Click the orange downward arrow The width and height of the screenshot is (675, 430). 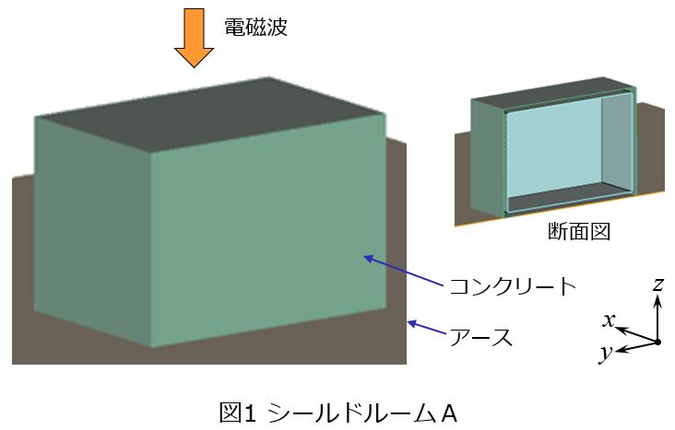[194, 38]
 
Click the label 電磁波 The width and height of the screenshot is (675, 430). [255, 27]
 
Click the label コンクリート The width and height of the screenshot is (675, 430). [513, 286]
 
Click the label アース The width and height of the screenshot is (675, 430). [480, 337]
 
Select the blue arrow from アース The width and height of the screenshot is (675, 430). [426, 327]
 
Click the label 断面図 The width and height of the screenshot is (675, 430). [579, 231]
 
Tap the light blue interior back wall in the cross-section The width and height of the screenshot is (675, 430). [554, 150]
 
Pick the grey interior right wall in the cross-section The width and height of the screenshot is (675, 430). [617, 142]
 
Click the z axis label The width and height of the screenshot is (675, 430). [657, 285]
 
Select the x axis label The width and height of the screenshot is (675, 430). [609, 320]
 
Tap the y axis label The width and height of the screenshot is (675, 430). [607, 353]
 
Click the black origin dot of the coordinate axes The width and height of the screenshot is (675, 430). [657, 343]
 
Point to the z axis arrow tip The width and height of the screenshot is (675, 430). [657, 296]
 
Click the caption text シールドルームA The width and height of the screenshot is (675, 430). [362, 413]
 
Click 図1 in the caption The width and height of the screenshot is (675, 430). [238, 413]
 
